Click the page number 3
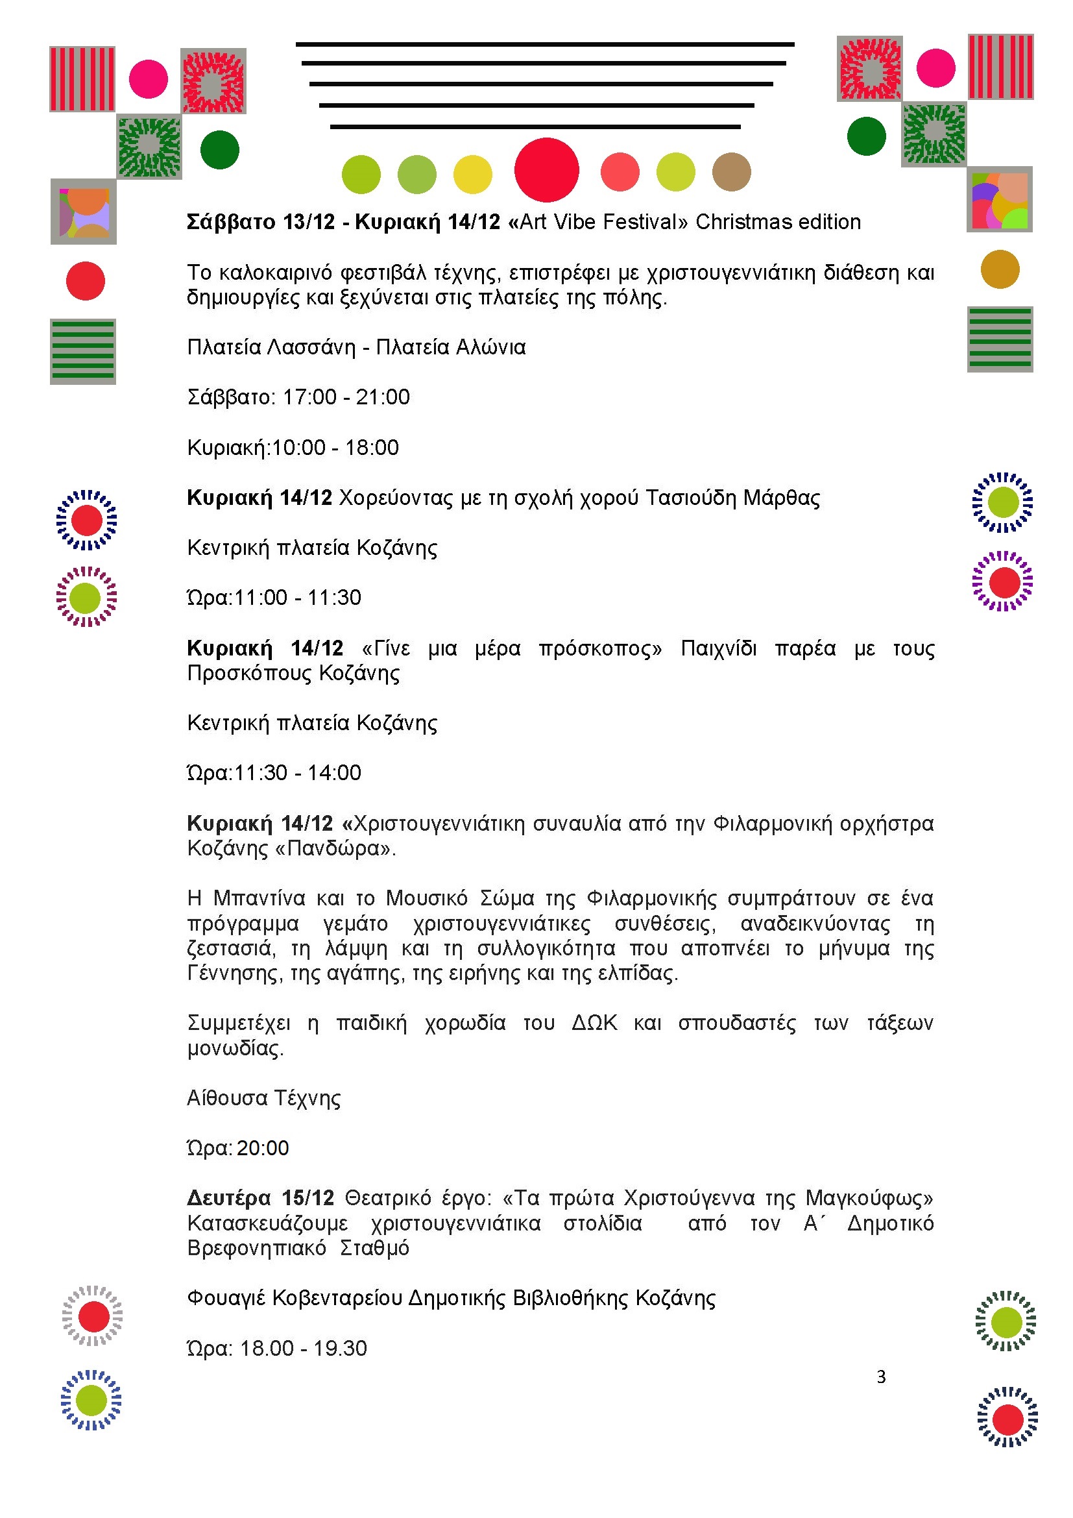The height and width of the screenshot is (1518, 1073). [881, 1377]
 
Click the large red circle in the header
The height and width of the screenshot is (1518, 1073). [546, 170]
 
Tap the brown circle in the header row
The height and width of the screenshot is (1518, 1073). [731, 172]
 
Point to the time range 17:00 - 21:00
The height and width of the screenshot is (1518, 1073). [346, 397]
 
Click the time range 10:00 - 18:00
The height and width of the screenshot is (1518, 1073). [335, 448]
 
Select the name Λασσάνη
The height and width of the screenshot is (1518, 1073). [311, 347]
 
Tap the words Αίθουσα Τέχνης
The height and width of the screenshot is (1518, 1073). [263, 1098]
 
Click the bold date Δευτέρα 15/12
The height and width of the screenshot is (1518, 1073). [260, 1198]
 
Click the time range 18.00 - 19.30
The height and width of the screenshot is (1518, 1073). [302, 1348]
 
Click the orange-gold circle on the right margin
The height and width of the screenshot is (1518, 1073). [1000, 269]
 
